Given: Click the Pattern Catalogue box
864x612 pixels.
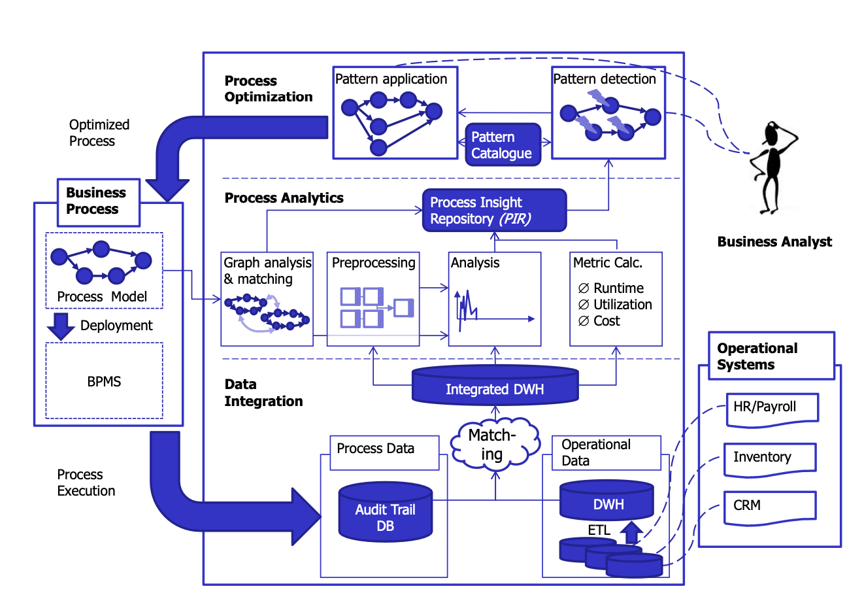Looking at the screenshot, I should click(502, 144).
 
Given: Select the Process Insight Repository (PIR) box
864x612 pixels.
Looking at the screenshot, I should click(494, 211).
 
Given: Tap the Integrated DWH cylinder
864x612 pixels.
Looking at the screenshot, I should click(495, 386).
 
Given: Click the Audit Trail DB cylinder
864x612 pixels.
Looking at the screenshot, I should click(386, 513).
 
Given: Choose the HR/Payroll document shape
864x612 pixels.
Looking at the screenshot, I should click(772, 409).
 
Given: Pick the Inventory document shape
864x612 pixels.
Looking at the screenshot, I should click(770, 459).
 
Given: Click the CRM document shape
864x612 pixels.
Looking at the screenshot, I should click(770, 507).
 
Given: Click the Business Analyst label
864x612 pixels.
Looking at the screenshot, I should click(774, 242).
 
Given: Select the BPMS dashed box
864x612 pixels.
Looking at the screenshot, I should click(104, 381).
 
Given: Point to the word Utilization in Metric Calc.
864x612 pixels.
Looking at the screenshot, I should click(622, 305).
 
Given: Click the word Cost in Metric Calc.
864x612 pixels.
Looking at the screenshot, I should click(606, 321).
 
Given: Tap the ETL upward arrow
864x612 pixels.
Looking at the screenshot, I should click(631, 532).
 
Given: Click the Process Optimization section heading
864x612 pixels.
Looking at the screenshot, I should click(269, 89).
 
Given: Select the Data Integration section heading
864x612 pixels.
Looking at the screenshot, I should click(263, 393).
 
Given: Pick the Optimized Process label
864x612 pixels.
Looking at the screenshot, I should click(99, 133).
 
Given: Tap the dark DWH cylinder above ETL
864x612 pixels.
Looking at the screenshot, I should click(607, 501).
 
